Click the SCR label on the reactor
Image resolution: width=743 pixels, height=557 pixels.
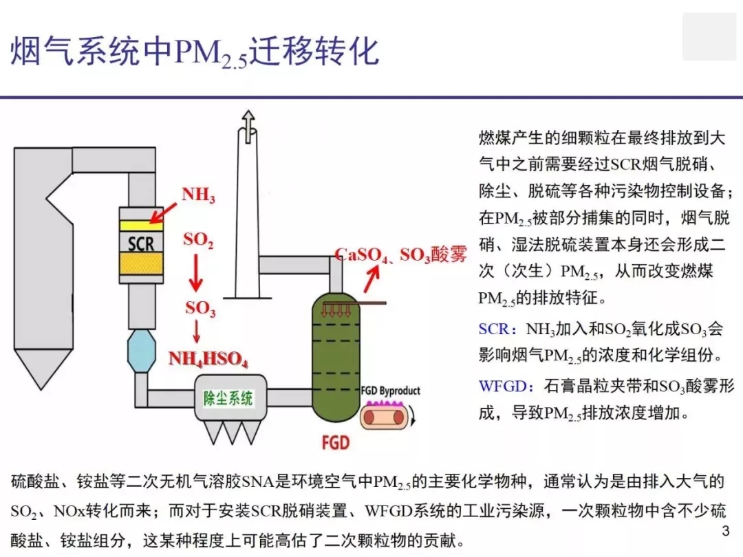[x=141, y=243]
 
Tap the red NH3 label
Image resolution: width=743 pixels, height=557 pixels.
[x=199, y=195]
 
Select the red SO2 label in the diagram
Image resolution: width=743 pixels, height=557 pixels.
[x=199, y=240]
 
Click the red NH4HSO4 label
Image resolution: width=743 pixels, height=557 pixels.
[x=208, y=359]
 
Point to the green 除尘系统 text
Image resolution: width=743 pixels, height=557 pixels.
[x=228, y=398]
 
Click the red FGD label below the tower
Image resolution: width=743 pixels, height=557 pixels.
[x=336, y=443]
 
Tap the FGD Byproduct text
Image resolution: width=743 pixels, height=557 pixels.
[x=391, y=391]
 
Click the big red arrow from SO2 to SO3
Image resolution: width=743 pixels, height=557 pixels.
[x=195, y=272]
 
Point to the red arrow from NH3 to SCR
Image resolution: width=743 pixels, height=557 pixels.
[x=164, y=212]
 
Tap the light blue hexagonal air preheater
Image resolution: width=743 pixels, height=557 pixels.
[x=142, y=351]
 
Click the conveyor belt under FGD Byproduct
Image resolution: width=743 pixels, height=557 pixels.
[x=385, y=416]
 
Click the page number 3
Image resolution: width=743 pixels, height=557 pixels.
[x=726, y=531]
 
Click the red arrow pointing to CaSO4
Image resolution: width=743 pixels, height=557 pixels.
[x=371, y=279]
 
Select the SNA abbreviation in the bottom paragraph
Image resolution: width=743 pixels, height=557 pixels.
[x=258, y=481]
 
